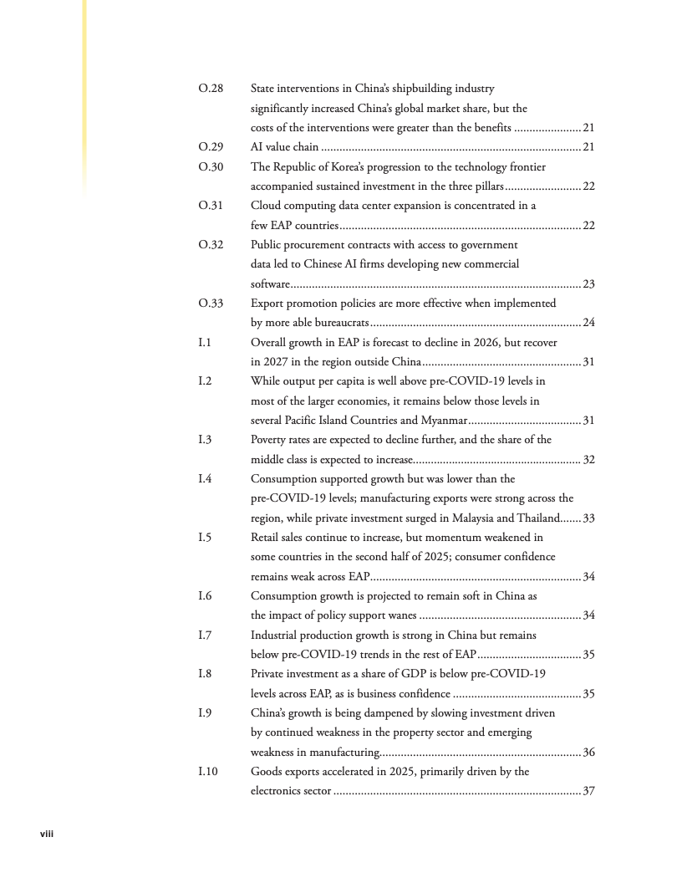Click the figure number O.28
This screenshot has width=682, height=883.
tap(211, 89)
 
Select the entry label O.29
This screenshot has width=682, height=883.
tap(211, 147)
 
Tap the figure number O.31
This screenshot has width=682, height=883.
tap(211, 206)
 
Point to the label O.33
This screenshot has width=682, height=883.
tap(211, 304)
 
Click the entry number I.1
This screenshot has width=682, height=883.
tap(205, 342)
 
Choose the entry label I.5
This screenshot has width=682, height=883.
tap(205, 538)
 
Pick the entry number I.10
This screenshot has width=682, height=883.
tap(207, 772)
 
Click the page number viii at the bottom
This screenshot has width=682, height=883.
tap(48, 834)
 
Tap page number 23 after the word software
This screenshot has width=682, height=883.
tap(588, 284)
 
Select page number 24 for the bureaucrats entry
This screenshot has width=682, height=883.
tap(588, 323)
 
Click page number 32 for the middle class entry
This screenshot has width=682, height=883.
tap(588, 460)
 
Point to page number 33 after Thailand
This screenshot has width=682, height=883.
tap(588, 518)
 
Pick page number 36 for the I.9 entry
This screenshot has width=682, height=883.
tap(588, 753)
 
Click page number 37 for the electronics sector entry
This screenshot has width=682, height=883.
tap(588, 792)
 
